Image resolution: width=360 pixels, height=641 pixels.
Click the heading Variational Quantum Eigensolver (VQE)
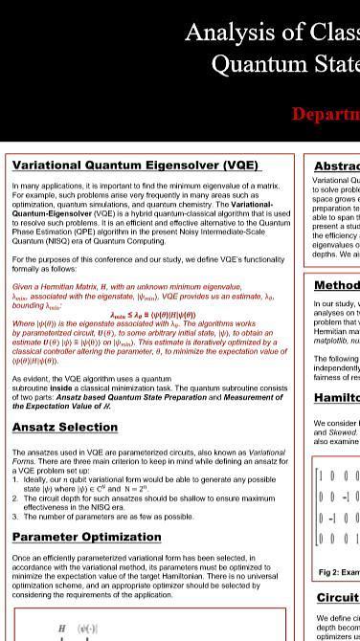(x=135, y=166)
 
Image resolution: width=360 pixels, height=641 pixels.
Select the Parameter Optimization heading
(x=86, y=537)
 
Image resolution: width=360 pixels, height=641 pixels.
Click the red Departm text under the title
(x=326, y=114)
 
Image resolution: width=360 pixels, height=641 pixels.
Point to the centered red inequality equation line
(x=152, y=315)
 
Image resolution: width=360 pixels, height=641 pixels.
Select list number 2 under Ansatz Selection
(x=15, y=498)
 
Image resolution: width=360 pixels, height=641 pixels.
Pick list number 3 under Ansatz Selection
(x=15, y=517)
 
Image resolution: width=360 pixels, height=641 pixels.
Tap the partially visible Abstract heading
(x=336, y=166)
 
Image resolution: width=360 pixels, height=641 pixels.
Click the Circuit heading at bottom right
(x=338, y=598)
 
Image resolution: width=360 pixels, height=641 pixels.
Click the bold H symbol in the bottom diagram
(x=62, y=629)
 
